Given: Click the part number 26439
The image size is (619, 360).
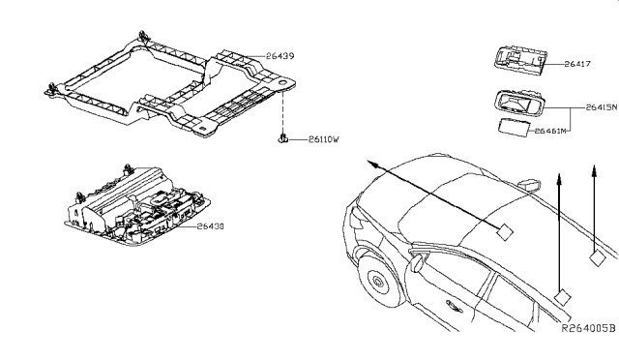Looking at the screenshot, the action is coord(280,56).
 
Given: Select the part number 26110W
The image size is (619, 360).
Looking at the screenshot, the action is coord(324,139).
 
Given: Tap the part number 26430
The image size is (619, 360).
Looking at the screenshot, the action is coord(211,226).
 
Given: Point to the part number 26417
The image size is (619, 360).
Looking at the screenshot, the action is coord(577,64).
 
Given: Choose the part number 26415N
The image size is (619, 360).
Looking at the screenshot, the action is coord(602,107).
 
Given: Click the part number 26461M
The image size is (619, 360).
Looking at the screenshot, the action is coord(550,131).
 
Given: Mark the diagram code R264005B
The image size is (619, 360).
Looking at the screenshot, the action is coord(589,328).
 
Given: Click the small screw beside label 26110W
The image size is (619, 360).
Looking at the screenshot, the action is coord(282,138).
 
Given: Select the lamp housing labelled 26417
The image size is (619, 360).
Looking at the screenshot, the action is coord(520,60).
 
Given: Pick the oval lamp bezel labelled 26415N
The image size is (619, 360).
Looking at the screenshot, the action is coord(518,104).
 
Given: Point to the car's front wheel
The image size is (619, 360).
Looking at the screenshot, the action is coord(378,282).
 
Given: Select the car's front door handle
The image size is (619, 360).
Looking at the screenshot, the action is coord(454,306).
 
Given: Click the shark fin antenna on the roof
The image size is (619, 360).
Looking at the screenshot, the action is coord(529,185).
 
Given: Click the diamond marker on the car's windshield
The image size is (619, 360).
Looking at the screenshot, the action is coord(504,232).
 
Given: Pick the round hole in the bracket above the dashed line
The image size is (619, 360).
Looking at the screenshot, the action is coord(283,83).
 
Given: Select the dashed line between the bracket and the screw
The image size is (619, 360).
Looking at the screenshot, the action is coord(283,112).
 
